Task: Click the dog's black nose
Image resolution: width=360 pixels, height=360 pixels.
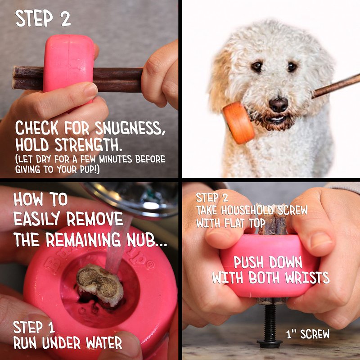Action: point(279,104)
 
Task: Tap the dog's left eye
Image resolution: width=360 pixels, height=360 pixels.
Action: point(292,67)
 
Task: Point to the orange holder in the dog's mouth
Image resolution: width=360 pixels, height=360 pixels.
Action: point(239,123)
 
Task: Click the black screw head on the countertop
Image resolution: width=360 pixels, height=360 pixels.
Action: point(270,344)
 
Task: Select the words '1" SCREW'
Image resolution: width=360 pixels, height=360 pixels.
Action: point(308,334)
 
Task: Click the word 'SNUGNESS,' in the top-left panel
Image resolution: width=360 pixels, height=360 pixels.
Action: point(130,128)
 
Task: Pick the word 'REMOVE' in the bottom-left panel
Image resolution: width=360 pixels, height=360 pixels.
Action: point(95,219)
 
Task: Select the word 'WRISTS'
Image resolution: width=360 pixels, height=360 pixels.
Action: point(307,278)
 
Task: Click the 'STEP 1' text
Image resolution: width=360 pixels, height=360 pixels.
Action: point(34,328)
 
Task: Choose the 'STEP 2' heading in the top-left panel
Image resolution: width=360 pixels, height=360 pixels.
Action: point(43,18)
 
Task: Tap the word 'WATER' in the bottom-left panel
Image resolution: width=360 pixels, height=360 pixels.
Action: point(104,343)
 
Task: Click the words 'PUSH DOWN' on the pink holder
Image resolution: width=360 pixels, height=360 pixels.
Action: point(268,262)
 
